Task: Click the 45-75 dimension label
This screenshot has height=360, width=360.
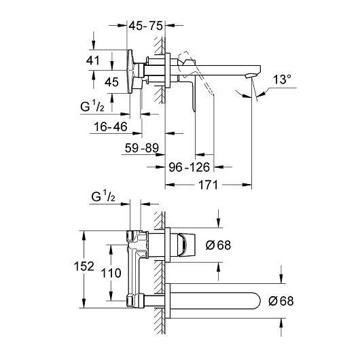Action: tap(145, 26)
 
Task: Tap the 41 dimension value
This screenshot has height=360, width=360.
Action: tap(93, 60)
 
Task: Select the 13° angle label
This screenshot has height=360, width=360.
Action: tap(282, 79)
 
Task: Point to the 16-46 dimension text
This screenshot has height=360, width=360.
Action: tap(111, 127)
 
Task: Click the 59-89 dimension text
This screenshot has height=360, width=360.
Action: tap(142, 148)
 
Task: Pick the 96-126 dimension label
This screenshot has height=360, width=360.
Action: tap(190, 167)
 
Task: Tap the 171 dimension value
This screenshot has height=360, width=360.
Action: tap(208, 185)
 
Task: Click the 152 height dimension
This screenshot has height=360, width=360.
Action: tap(84, 266)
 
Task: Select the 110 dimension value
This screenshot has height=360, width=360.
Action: tap(111, 273)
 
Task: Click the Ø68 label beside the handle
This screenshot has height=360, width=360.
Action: tap(218, 245)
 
